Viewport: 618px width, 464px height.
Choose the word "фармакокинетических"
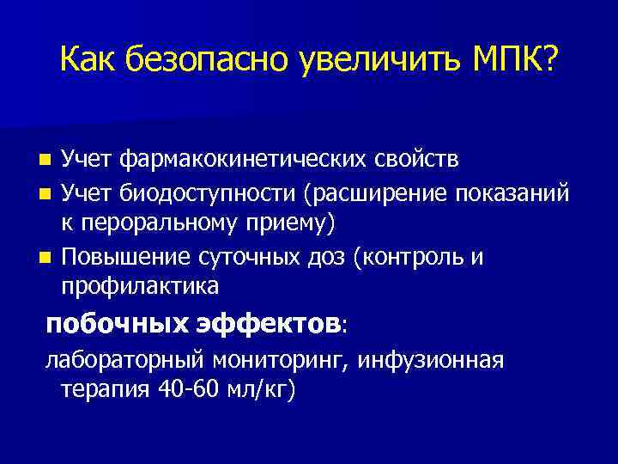coord(249,160)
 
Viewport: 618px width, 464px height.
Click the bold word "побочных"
coord(101,325)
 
